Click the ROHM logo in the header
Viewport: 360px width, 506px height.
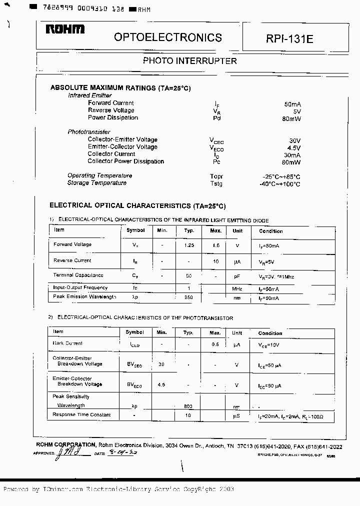coord(65,30)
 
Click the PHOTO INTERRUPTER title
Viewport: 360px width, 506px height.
coord(190,61)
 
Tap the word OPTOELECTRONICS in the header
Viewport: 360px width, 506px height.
coord(167,37)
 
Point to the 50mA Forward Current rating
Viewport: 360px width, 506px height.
coord(292,104)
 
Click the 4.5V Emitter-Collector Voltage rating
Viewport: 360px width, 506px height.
coord(294,148)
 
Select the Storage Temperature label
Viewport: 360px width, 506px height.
coord(97,183)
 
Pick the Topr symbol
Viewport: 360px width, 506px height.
coord(216,176)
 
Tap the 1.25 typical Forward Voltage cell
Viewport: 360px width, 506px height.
coord(188,245)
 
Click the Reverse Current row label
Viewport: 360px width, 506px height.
coord(72,260)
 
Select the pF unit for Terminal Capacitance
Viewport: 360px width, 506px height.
coord(237,275)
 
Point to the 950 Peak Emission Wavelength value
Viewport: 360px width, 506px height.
coord(188,297)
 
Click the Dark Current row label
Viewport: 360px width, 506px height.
coord(67,343)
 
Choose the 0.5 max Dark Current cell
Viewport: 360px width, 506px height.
coord(215,344)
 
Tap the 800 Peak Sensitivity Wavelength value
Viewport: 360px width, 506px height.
coord(188,406)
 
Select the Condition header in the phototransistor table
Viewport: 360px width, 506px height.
coord(270,333)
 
